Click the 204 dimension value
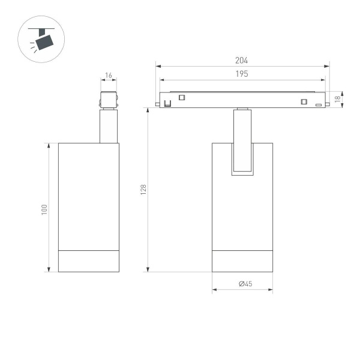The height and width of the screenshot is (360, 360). click(x=242, y=60)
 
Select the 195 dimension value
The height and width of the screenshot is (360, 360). click(x=242, y=73)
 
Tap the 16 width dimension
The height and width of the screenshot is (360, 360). click(x=109, y=76)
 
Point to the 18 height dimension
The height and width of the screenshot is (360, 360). click(x=338, y=99)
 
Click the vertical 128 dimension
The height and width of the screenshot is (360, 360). click(x=143, y=190)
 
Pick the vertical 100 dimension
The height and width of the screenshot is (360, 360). click(x=44, y=210)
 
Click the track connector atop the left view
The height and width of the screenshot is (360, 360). click(x=109, y=100)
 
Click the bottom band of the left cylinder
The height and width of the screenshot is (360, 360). click(x=88, y=261)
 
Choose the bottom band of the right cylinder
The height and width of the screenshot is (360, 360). click(x=242, y=261)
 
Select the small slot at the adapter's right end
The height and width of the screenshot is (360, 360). click(x=319, y=104)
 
